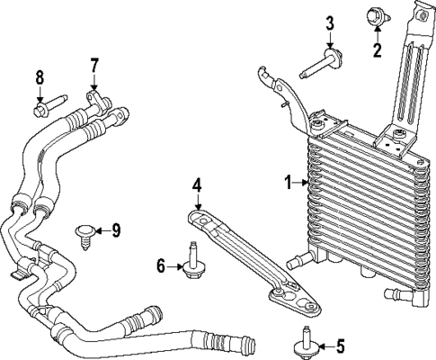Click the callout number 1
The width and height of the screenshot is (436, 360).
(289, 184)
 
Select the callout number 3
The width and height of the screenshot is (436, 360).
(330, 22)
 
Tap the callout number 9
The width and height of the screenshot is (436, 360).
(115, 230)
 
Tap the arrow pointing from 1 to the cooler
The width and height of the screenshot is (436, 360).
(302, 184)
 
